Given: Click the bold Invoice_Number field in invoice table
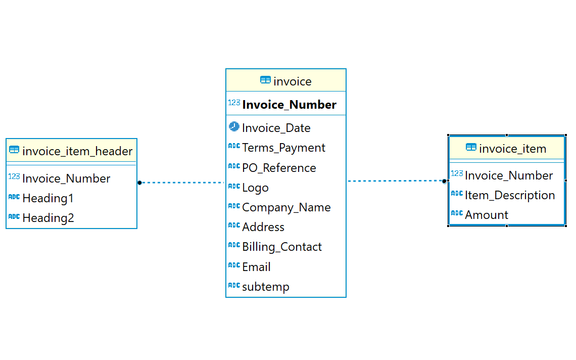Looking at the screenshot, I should coord(289,105).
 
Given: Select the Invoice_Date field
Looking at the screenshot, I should coord(276,128).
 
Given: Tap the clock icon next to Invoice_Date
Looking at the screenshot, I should coord(234,126).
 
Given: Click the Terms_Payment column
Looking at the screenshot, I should coord(283,148).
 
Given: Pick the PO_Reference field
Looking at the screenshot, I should coord(279,168).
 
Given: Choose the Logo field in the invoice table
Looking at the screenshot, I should coord(255,188).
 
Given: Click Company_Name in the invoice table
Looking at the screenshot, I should coord(286,207).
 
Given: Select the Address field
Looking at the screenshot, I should coord(263,227).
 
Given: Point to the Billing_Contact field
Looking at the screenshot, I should coord(281,247).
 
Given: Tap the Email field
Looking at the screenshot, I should coord(256,267).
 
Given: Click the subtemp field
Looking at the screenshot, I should coord(265,287).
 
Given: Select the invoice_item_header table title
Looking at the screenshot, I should coord(77,151).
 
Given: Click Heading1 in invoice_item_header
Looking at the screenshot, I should coord(48,198).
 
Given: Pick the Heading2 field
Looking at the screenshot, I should coord(48,218).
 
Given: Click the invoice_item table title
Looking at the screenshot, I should coord(512,149).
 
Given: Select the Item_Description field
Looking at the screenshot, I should coord(510,195).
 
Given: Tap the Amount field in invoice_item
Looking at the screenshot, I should coord(487,215).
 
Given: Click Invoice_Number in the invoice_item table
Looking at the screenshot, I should coord(509,175).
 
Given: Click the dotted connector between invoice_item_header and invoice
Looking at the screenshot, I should coord(182,183).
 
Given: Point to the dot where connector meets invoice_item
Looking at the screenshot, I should coord(445,181).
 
